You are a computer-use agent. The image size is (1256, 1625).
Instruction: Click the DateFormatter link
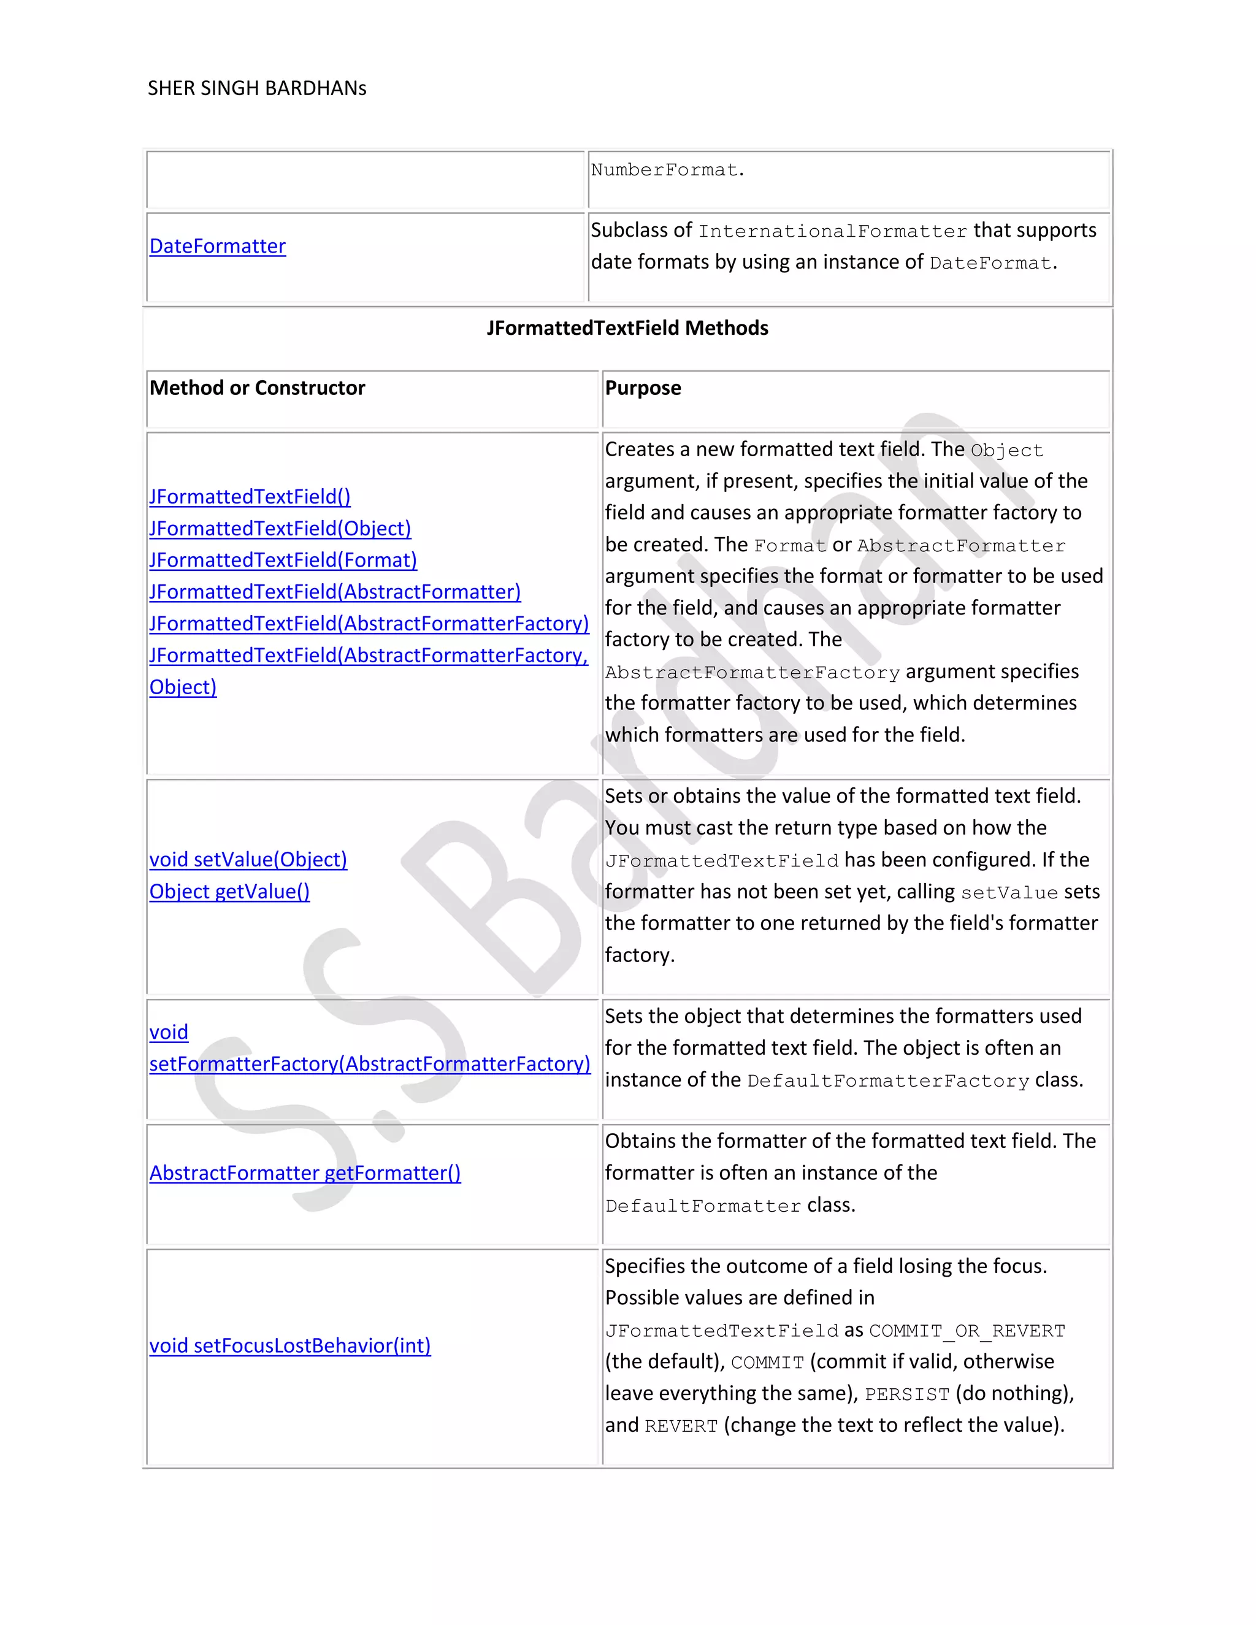click(217, 247)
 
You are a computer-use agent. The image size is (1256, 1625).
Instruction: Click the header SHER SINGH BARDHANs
click(257, 88)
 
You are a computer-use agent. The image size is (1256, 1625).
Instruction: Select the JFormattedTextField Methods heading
click(627, 328)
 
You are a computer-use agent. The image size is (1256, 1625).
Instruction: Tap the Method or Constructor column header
click(258, 388)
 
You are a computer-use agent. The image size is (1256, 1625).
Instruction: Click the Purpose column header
click(643, 388)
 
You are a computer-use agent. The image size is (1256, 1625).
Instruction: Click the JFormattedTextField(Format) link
click(283, 560)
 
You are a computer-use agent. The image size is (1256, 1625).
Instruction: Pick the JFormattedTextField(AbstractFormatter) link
click(335, 592)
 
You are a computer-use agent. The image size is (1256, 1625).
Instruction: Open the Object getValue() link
click(229, 892)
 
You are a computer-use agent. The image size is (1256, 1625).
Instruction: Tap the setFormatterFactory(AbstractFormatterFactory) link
click(370, 1065)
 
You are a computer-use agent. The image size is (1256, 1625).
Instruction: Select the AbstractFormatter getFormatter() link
click(305, 1173)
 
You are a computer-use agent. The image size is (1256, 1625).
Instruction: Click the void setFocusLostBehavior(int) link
click(290, 1346)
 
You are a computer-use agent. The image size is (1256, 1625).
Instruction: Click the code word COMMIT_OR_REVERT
click(967, 1331)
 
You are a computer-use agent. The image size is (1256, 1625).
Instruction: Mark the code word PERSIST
click(906, 1395)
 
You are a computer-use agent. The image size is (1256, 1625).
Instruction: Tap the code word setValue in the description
click(1009, 893)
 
